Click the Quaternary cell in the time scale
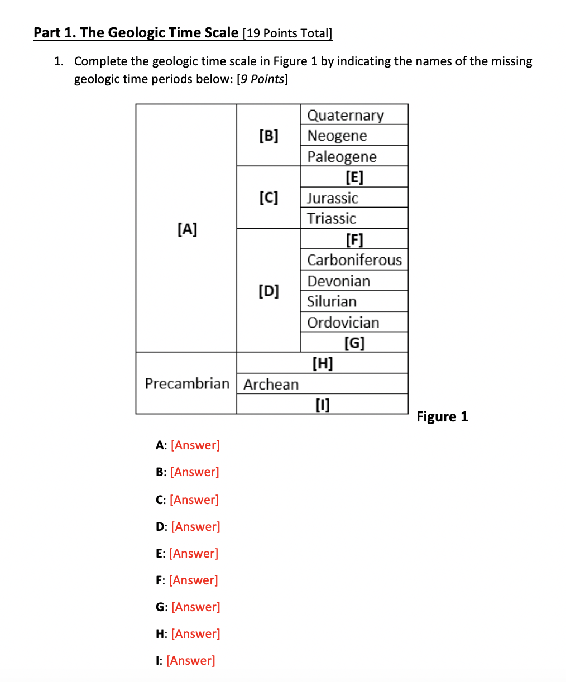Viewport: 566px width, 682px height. point(346,115)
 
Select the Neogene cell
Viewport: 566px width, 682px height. point(337,136)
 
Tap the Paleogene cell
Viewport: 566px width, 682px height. point(342,156)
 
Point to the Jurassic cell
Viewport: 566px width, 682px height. point(333,198)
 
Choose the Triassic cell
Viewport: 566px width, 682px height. point(332,218)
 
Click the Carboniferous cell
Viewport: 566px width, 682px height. point(354,260)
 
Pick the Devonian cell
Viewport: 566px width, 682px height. point(338,281)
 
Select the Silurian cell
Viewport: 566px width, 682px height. point(332,301)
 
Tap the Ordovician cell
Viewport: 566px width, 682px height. point(343,323)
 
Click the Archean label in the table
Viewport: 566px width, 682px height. point(271,384)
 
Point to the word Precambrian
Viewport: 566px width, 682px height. point(187,383)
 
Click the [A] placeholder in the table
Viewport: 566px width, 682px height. point(187,229)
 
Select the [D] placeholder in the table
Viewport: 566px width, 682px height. point(268,291)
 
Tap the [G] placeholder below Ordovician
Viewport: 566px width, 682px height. point(354,342)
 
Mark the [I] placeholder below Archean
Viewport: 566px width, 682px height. point(323,404)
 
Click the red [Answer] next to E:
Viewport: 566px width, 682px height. point(194,553)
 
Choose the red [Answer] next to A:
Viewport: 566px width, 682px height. point(195,445)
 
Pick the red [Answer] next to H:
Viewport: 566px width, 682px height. point(195,633)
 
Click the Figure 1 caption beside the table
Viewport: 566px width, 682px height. point(442,416)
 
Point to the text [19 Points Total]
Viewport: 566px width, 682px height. point(287,33)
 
